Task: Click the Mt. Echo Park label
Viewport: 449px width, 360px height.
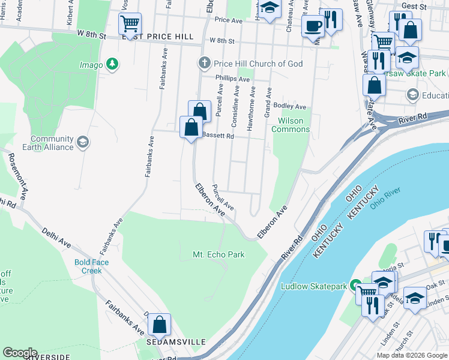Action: (x=218, y=254)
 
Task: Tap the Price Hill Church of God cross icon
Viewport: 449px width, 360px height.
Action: (x=204, y=64)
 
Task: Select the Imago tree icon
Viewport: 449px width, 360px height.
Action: (x=112, y=64)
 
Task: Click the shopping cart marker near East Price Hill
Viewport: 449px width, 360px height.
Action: (x=130, y=25)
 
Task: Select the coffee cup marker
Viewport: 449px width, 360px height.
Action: (x=312, y=26)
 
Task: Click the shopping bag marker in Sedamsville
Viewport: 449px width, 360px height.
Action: (x=160, y=325)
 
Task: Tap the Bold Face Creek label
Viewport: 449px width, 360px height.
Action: (x=88, y=266)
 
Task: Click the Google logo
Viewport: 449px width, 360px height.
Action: (x=20, y=353)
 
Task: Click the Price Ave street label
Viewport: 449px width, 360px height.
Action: (x=228, y=20)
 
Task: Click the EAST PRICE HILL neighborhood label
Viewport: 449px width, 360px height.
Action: (x=158, y=37)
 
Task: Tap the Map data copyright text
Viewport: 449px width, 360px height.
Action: (x=412, y=355)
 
